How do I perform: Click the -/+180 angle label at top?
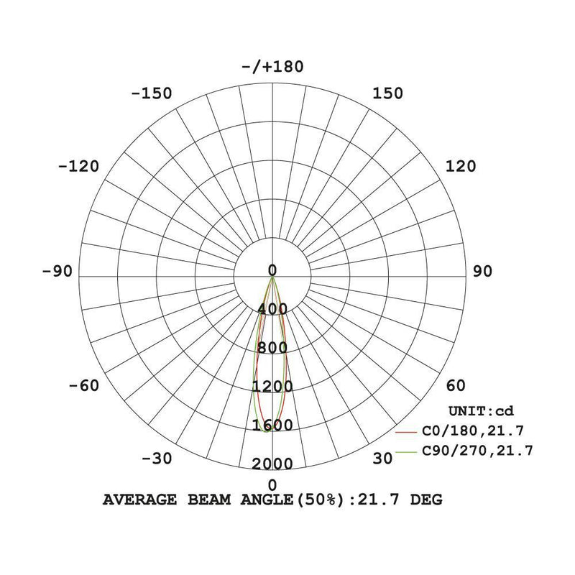tap(272, 67)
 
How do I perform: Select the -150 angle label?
tap(152, 93)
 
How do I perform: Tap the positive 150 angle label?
tap(387, 93)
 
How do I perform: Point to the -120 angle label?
tap(78, 167)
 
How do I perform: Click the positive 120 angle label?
tap(461, 167)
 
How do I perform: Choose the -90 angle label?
tap(57, 272)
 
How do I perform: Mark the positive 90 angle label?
tap(482, 272)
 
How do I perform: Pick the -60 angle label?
tap(84, 386)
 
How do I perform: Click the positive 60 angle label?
tap(456, 386)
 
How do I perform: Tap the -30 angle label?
tap(157, 459)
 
